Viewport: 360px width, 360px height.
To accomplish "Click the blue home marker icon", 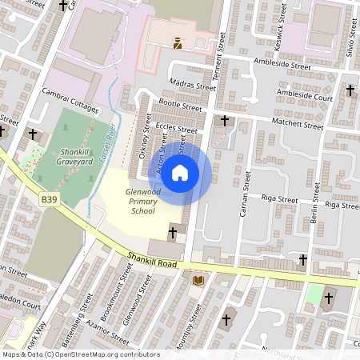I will pos(180,173).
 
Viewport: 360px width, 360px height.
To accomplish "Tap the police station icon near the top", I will pos(178,43).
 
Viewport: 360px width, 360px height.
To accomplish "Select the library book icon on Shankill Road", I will pos(198,280).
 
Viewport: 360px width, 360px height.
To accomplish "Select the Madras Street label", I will pos(193,86).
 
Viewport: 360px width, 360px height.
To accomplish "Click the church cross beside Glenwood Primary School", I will pos(173,233).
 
